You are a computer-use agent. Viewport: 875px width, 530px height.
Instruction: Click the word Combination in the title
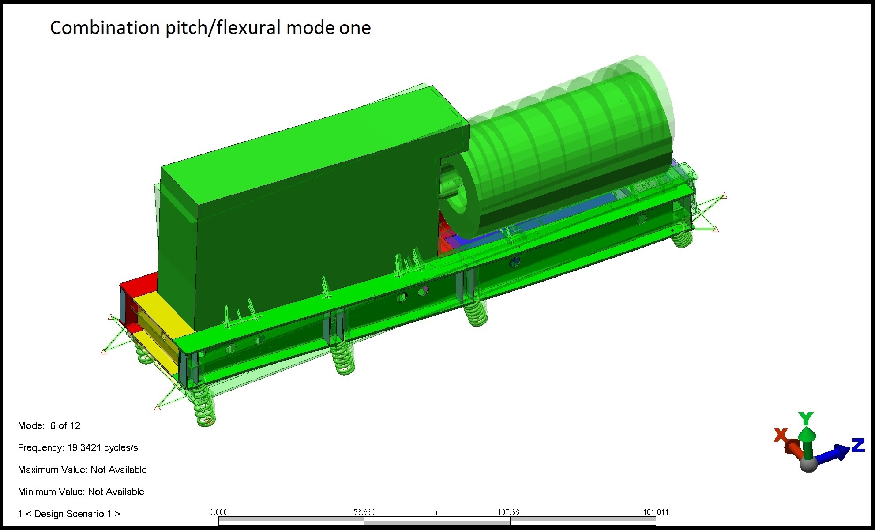coord(105,28)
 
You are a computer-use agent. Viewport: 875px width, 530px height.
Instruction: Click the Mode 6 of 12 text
coord(49,425)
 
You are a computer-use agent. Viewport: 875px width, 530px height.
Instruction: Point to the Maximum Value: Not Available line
coord(82,470)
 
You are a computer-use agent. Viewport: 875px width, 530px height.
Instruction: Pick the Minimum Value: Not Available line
coord(81,492)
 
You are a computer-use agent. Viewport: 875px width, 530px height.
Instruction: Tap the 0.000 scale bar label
coord(218,512)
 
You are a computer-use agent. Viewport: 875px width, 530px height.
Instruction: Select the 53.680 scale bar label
coord(364,512)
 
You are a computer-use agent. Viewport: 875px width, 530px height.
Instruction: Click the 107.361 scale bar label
coord(510,512)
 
